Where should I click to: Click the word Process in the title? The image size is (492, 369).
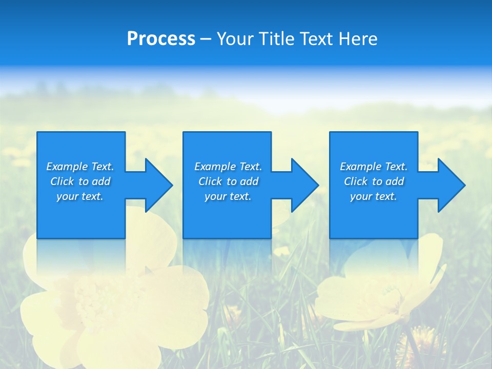[161, 39]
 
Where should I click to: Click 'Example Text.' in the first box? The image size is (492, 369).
[80, 167]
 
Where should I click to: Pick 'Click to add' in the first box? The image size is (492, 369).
[80, 181]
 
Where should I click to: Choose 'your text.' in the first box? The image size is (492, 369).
[80, 196]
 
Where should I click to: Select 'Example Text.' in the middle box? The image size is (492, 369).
[228, 167]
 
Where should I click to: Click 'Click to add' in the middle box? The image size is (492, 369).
[228, 181]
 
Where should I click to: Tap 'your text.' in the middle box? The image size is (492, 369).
[228, 196]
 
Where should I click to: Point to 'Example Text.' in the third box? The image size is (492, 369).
[374, 167]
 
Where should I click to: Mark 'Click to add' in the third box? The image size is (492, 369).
[374, 181]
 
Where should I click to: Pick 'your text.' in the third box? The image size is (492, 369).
[374, 196]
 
